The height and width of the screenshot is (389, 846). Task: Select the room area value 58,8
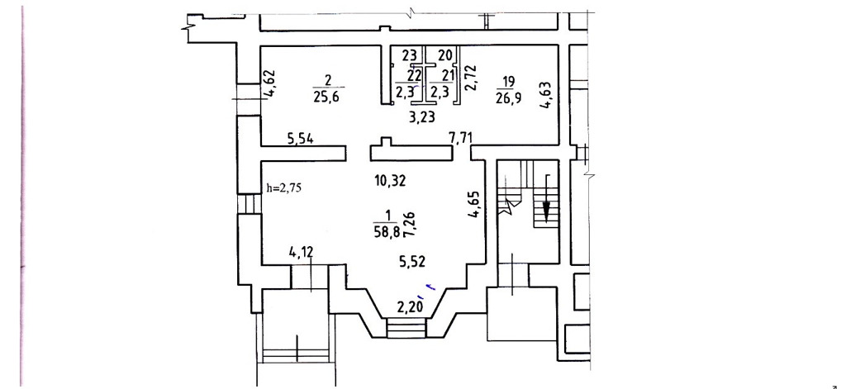pyautogui.click(x=387, y=233)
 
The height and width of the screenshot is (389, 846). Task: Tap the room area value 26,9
pyautogui.click(x=508, y=100)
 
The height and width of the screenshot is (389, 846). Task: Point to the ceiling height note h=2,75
pyautogui.click(x=285, y=188)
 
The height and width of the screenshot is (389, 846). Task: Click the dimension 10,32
pyautogui.click(x=391, y=180)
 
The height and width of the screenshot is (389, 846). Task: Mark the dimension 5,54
pyautogui.click(x=301, y=140)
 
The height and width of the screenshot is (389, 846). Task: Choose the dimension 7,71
pyautogui.click(x=461, y=138)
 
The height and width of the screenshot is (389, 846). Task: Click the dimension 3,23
pyautogui.click(x=422, y=117)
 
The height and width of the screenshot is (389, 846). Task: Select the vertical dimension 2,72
pyautogui.click(x=470, y=77)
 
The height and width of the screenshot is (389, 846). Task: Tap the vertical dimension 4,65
pyautogui.click(x=473, y=205)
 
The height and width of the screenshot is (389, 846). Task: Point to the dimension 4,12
pyautogui.click(x=301, y=251)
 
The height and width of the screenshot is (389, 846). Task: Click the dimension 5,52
pyautogui.click(x=413, y=262)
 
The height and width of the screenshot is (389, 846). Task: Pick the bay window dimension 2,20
pyautogui.click(x=410, y=308)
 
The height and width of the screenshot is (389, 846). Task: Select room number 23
pyautogui.click(x=410, y=55)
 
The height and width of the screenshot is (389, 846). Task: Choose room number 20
pyautogui.click(x=444, y=55)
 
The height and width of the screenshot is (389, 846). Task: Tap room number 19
pyautogui.click(x=508, y=83)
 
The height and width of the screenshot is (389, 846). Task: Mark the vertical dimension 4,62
pyautogui.click(x=269, y=84)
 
